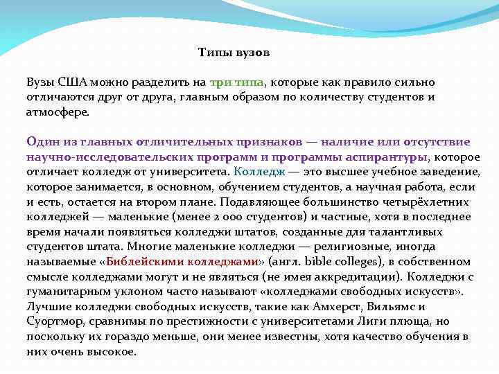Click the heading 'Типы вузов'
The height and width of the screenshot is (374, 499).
tap(234, 53)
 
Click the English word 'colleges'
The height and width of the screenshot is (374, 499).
tap(360, 262)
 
